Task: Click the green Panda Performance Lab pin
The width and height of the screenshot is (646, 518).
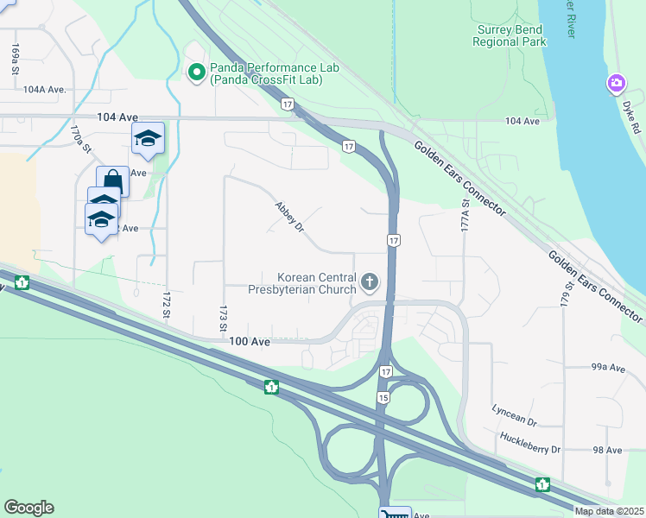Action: pyautogui.click(x=196, y=72)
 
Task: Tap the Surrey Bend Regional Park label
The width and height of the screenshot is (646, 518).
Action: pyautogui.click(x=510, y=35)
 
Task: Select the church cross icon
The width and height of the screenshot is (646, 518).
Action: pyautogui.click(x=370, y=281)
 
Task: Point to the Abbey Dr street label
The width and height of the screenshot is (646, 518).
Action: pyautogui.click(x=289, y=217)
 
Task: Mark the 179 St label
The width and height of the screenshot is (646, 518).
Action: pyautogui.click(x=567, y=292)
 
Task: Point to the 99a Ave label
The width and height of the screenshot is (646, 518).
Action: pyautogui.click(x=608, y=368)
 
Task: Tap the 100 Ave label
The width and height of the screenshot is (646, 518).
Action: pyautogui.click(x=250, y=342)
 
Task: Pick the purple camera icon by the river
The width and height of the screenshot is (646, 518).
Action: pyautogui.click(x=617, y=84)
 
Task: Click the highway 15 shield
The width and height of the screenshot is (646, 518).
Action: pyautogui.click(x=382, y=397)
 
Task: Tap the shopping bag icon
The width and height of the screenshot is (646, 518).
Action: pyautogui.click(x=112, y=179)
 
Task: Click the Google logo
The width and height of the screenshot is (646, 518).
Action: pyautogui.click(x=28, y=508)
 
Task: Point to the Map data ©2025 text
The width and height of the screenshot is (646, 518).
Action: pyautogui.click(x=609, y=511)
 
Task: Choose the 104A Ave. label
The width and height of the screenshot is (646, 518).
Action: pyautogui.click(x=45, y=89)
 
